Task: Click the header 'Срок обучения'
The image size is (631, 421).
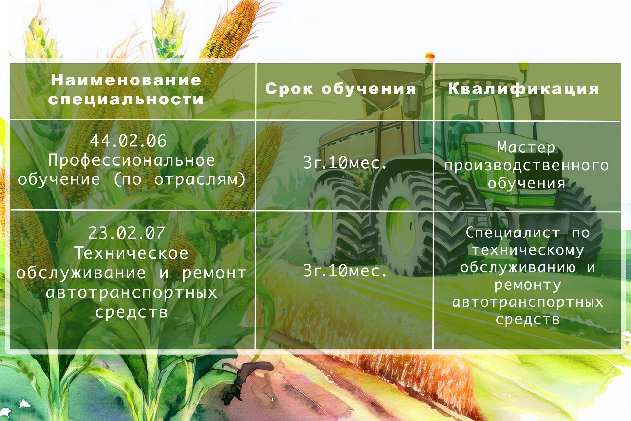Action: pos(341,89)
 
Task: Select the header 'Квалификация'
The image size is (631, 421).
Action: pos(524,89)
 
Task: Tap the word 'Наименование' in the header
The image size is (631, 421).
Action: pos(126,80)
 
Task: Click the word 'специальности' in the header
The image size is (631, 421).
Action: pos(126,99)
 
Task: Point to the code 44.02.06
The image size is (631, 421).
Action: pos(128,141)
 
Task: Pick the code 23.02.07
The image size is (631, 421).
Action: pos(127,233)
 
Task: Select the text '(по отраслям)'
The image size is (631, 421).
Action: pos(180,180)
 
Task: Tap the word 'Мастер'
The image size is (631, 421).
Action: pos(526,147)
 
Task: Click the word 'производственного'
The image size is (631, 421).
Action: pos(526,166)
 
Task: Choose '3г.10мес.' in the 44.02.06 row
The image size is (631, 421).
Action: pos(345,163)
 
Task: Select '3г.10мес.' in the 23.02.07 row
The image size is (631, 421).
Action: pos(345,271)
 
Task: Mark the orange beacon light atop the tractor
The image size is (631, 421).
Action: pos(430,56)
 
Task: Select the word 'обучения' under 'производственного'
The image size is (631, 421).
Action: pos(526,184)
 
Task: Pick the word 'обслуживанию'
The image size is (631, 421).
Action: pos(518,268)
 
